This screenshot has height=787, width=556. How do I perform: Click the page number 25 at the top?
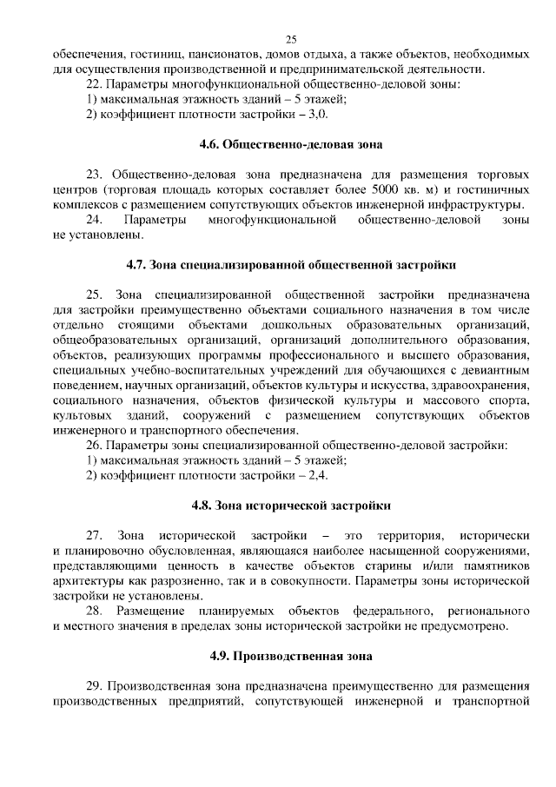[291, 39]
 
